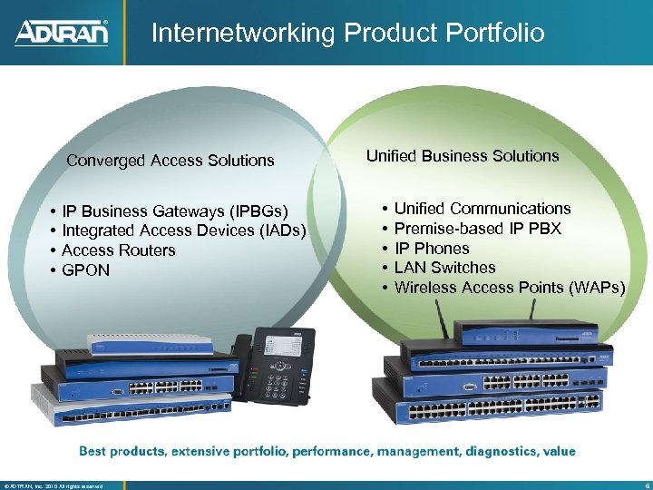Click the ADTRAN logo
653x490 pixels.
pyautogui.click(x=62, y=33)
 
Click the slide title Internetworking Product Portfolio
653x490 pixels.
pyautogui.click(x=347, y=34)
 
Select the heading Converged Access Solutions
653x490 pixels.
pyautogui.click(x=171, y=161)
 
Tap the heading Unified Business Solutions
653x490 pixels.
pyautogui.click(x=463, y=156)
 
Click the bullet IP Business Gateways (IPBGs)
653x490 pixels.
pyautogui.click(x=175, y=212)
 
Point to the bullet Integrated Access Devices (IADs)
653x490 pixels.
pyautogui.click(x=183, y=230)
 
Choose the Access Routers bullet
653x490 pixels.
pyautogui.click(x=119, y=250)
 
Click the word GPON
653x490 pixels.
pyautogui.click(x=85, y=269)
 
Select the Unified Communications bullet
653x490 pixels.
pyautogui.click(x=482, y=209)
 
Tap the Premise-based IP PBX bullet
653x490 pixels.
pyautogui.click(x=478, y=229)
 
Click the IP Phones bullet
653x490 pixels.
pyautogui.click(x=432, y=249)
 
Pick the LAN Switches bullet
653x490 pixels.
pyautogui.click(x=445, y=268)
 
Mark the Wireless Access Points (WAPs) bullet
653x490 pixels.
pyautogui.click(x=510, y=288)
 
